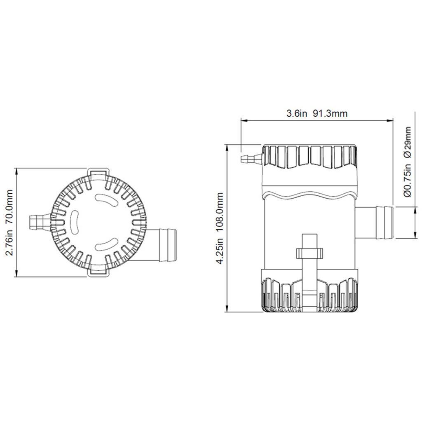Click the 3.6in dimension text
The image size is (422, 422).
296,113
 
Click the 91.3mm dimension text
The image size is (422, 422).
330,113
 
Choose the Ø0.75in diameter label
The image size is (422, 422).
408,180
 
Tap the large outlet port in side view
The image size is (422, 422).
374,223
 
